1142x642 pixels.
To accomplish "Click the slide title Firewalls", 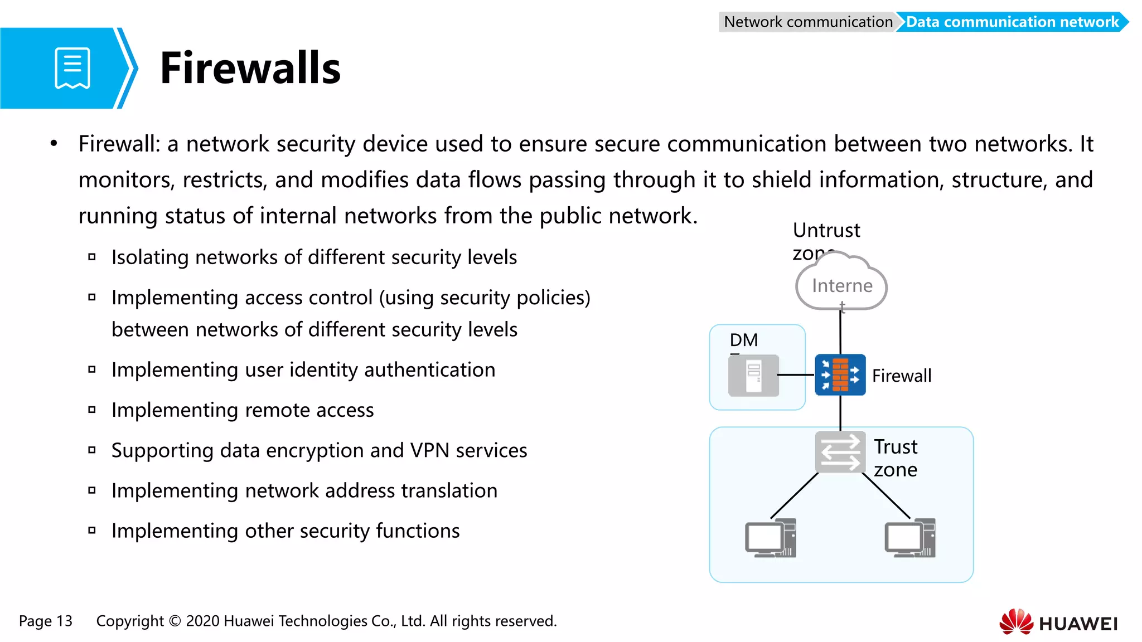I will [x=250, y=68].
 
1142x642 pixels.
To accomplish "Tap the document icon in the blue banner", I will [x=72, y=68].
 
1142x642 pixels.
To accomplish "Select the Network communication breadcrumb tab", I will [x=807, y=22].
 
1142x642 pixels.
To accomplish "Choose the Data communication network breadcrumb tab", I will [x=1012, y=22].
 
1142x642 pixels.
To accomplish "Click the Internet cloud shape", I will [x=841, y=285].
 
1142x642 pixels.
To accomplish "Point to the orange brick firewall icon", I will [x=840, y=374].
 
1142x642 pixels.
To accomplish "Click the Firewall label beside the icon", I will [x=901, y=376].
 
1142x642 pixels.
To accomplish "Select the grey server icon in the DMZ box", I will [x=753, y=376].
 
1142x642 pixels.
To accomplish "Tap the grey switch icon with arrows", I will [x=840, y=451].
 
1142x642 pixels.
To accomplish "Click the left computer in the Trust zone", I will [x=770, y=538].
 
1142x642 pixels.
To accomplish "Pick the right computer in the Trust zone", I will [x=909, y=538].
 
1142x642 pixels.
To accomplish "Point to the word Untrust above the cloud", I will [x=826, y=230].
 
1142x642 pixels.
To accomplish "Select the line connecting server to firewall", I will [x=796, y=375].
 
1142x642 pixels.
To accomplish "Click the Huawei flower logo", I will [x=1016, y=622].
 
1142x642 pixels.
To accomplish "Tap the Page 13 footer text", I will [x=46, y=621].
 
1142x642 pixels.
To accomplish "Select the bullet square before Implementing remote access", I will [x=92, y=410].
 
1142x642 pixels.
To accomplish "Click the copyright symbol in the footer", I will [x=175, y=621].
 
